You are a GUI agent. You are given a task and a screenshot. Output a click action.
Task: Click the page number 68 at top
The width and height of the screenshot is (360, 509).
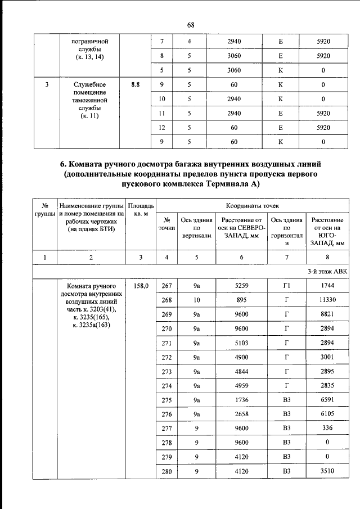tap(190, 25)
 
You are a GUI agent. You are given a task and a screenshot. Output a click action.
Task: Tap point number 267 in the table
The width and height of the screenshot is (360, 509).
tap(166, 286)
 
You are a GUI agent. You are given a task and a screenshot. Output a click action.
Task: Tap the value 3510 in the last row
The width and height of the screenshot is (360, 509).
tap(323, 471)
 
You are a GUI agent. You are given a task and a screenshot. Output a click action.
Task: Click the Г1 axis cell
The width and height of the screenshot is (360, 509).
tap(286, 286)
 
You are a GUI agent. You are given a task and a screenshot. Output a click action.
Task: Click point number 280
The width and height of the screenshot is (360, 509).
tap(166, 471)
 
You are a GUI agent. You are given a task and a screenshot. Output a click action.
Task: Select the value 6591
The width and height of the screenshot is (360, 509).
tap(323, 400)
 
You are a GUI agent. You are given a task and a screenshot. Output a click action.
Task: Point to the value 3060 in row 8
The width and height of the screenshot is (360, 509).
tap(234, 56)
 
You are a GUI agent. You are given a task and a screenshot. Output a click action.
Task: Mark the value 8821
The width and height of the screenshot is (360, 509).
tap(323, 314)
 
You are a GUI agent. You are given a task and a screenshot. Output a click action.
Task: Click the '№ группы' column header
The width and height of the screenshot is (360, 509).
tap(43, 210)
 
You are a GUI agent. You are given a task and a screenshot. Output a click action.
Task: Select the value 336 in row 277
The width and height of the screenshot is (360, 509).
tap(323, 429)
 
